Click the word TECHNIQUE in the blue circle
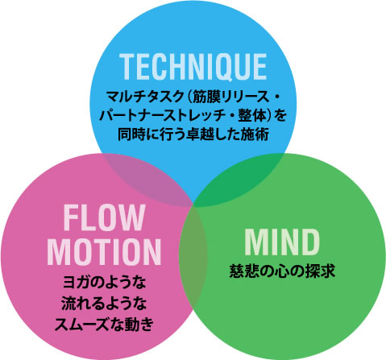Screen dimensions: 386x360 pos(193,67)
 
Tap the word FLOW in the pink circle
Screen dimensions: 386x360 pos(104,217)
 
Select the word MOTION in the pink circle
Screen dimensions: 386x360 pos(104,252)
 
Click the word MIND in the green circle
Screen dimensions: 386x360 pos(282,242)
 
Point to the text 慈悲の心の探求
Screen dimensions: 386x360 pos(282,271)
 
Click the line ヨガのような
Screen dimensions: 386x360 pos(104,283)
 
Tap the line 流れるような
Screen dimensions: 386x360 pos(104,304)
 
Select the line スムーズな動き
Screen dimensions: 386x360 pos(104,325)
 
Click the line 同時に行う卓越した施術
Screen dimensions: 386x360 pos(193,134)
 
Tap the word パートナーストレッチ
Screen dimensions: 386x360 pos(162,116)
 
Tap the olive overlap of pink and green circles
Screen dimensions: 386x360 pos(193,256)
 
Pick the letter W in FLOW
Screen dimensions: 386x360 pos(131,217)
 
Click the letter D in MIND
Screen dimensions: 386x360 pos(310,242)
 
